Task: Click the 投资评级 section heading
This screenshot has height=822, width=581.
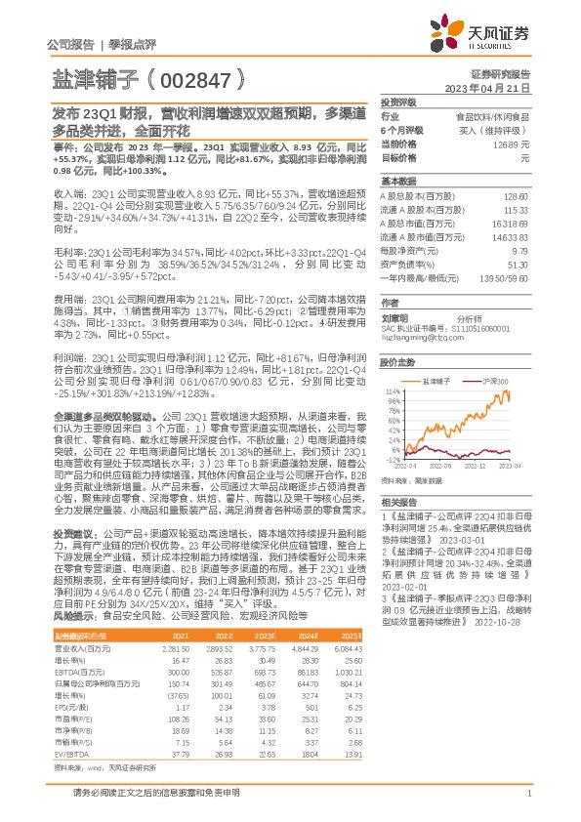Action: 398,102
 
